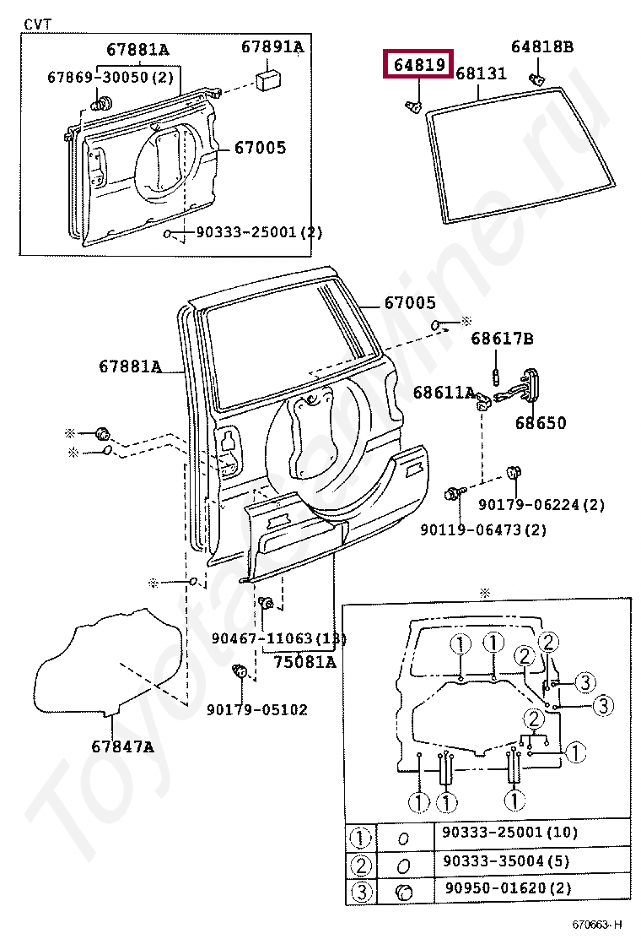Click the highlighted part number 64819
point(418,63)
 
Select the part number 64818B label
point(541,47)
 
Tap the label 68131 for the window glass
point(481,74)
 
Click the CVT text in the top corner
point(37,24)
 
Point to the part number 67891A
point(272,47)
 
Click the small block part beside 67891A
point(269,81)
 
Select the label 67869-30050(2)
point(110,77)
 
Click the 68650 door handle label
point(541,423)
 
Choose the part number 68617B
point(502,339)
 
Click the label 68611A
point(444,393)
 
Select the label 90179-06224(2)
point(541,505)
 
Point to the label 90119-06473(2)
point(483,529)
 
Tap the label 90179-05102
point(256,709)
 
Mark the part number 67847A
point(123,746)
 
